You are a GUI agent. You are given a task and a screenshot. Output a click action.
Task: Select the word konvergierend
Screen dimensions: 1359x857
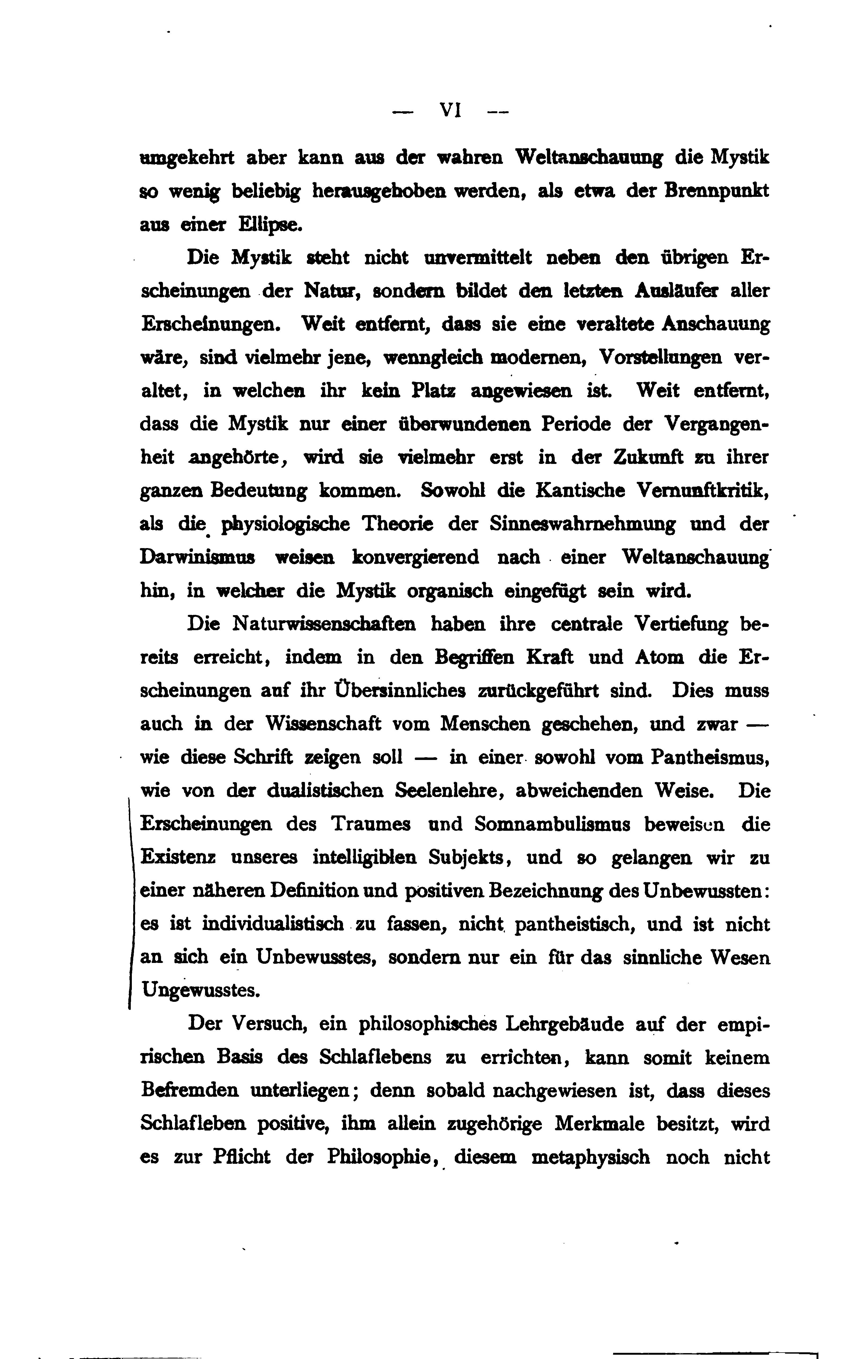pyautogui.click(x=415, y=557)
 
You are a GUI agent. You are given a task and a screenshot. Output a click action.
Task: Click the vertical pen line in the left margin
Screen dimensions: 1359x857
pyautogui.click(x=131, y=903)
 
